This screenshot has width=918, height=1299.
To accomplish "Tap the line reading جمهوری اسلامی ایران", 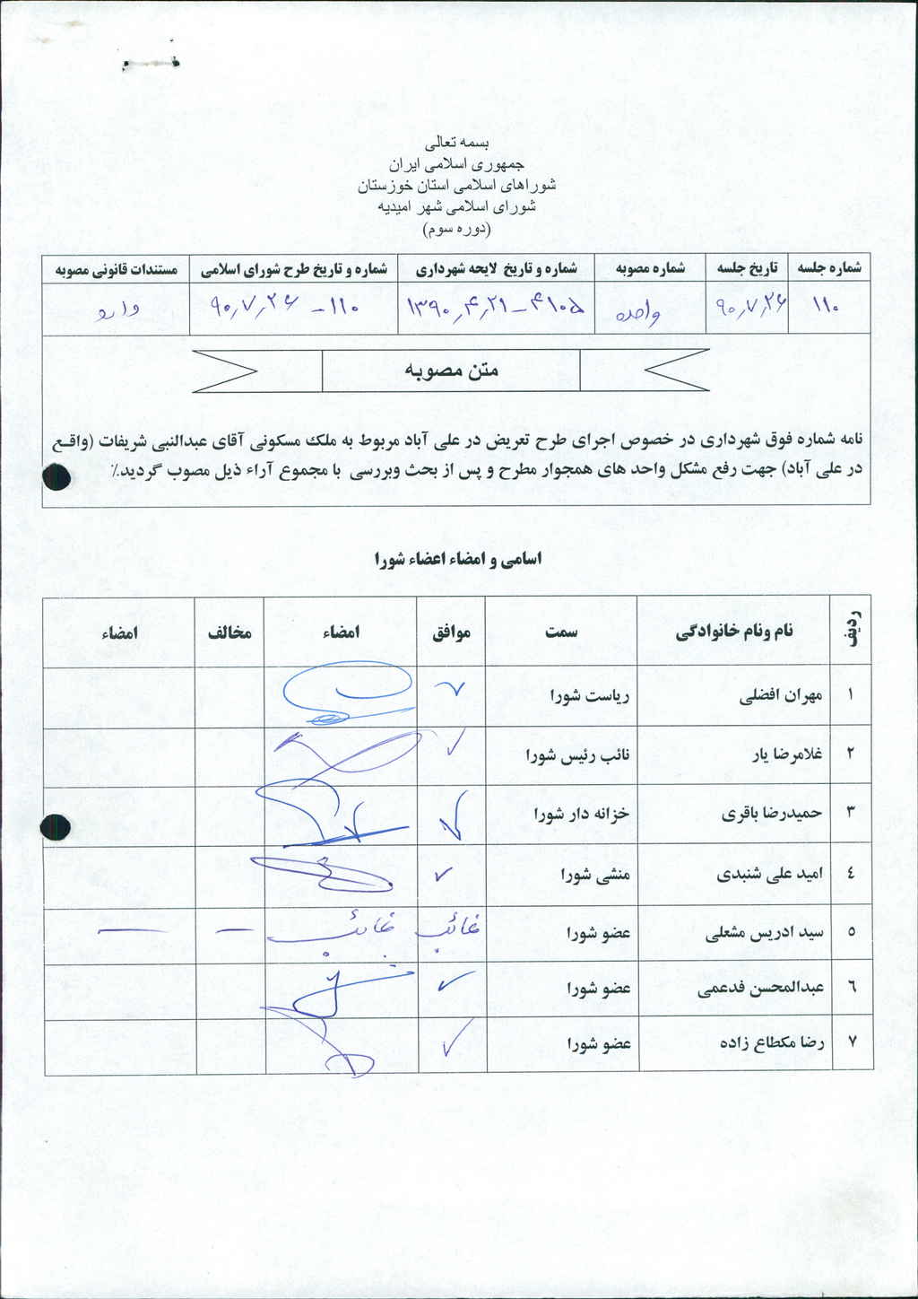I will (x=457, y=165).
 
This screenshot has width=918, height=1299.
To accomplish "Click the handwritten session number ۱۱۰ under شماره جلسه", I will (x=825, y=307).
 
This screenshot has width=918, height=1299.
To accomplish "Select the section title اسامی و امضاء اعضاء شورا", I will (x=458, y=559).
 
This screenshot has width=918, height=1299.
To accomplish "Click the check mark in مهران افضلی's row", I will (x=451, y=689).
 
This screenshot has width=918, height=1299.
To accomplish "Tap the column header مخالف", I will (x=229, y=632).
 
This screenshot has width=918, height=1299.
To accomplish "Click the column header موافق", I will (x=452, y=632).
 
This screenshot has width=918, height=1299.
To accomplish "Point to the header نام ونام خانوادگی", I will (x=734, y=632).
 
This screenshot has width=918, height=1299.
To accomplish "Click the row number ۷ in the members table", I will (x=852, y=1042).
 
